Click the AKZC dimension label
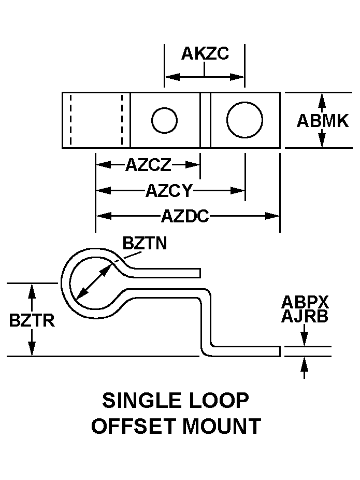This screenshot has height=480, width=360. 205,54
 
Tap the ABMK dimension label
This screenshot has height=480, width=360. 322,121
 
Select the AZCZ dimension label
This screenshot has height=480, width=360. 148,165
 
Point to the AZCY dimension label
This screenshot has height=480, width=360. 169,191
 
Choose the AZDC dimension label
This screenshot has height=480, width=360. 184,216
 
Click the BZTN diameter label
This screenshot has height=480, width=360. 145,243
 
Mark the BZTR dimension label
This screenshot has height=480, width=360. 31,320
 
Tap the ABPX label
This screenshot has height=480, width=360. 305,303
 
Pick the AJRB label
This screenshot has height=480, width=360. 305,317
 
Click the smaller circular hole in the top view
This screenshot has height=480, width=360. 164,120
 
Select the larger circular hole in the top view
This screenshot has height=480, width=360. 244,120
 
